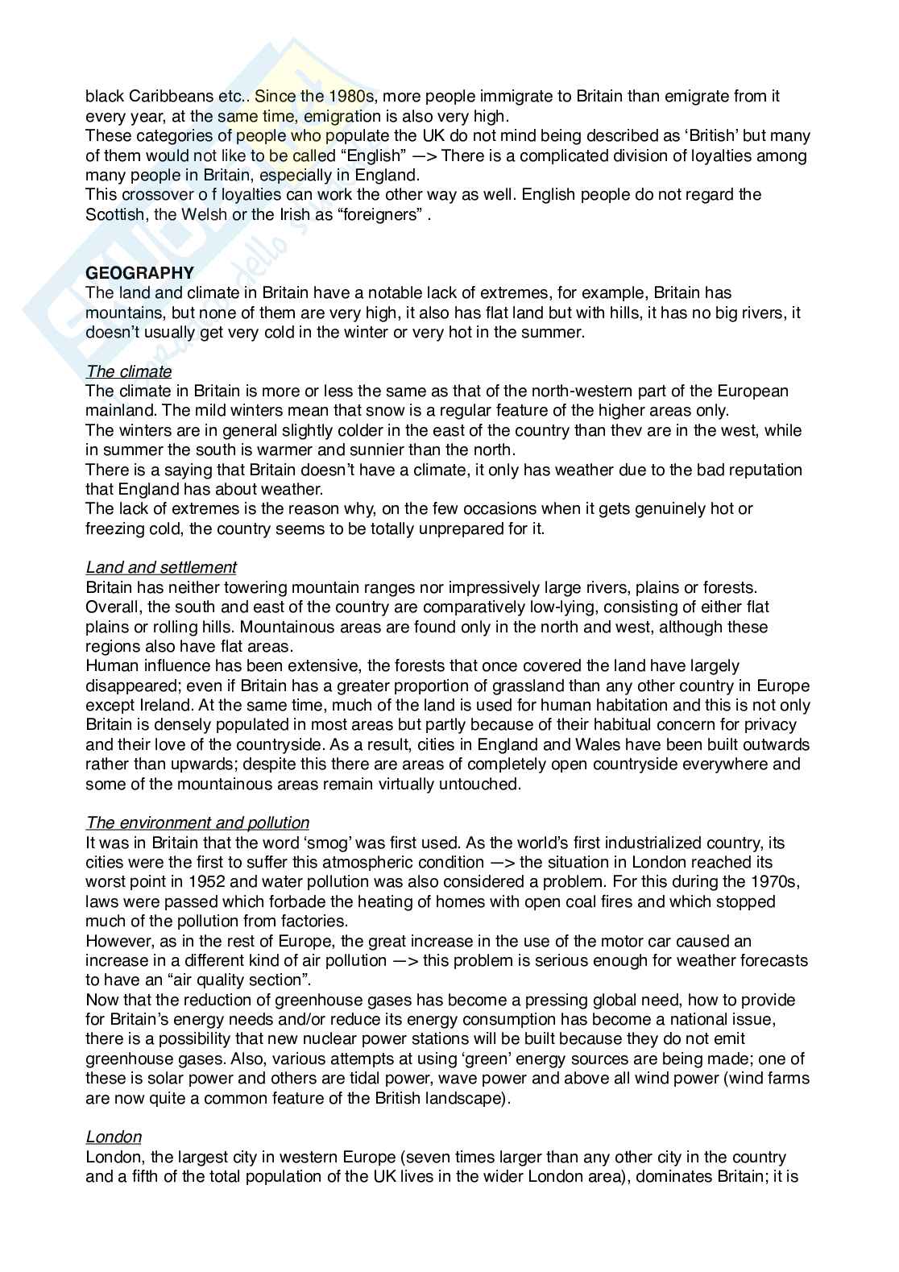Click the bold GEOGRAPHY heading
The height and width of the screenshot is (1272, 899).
[139, 273]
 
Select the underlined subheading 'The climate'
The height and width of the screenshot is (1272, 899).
[129, 371]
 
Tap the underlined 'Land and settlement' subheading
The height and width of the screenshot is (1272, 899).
[161, 568]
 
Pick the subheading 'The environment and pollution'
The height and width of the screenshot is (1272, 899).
[197, 822]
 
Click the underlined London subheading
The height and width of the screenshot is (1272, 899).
[114, 1137]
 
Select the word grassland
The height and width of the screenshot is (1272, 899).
[495, 686]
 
